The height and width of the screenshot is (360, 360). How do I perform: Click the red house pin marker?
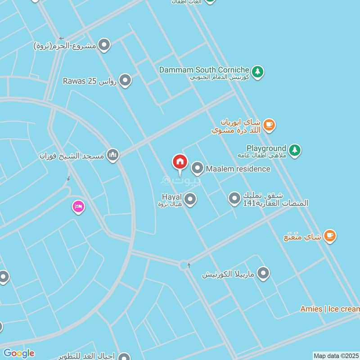[180, 162]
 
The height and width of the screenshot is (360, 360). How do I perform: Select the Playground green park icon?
[295, 150]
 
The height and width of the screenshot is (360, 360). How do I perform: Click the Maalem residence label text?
[238, 169]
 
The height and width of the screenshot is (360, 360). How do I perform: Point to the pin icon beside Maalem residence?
[197, 169]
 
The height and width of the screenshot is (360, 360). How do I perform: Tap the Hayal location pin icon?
[190, 199]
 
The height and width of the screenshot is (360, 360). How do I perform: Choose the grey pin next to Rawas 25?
[125, 81]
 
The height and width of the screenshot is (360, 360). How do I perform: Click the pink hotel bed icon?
[78, 207]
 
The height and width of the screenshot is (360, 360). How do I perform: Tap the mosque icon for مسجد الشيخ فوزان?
[113, 156]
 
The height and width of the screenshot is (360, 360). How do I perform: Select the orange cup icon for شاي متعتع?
[330, 236]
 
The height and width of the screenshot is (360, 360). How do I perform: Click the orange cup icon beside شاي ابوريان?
[269, 125]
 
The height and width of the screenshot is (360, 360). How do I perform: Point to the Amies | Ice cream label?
[330, 309]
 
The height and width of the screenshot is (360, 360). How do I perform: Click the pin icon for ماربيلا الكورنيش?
[263, 273]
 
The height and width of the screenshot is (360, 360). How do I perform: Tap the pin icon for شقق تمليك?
[234, 198]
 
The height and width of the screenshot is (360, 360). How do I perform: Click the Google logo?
[18, 353]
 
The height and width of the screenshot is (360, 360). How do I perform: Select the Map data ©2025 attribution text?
[336, 355]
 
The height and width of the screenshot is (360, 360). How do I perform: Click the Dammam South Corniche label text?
[204, 70]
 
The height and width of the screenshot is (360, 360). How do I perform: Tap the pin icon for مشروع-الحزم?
[104, 45]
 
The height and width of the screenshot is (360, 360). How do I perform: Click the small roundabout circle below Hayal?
[184, 265]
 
